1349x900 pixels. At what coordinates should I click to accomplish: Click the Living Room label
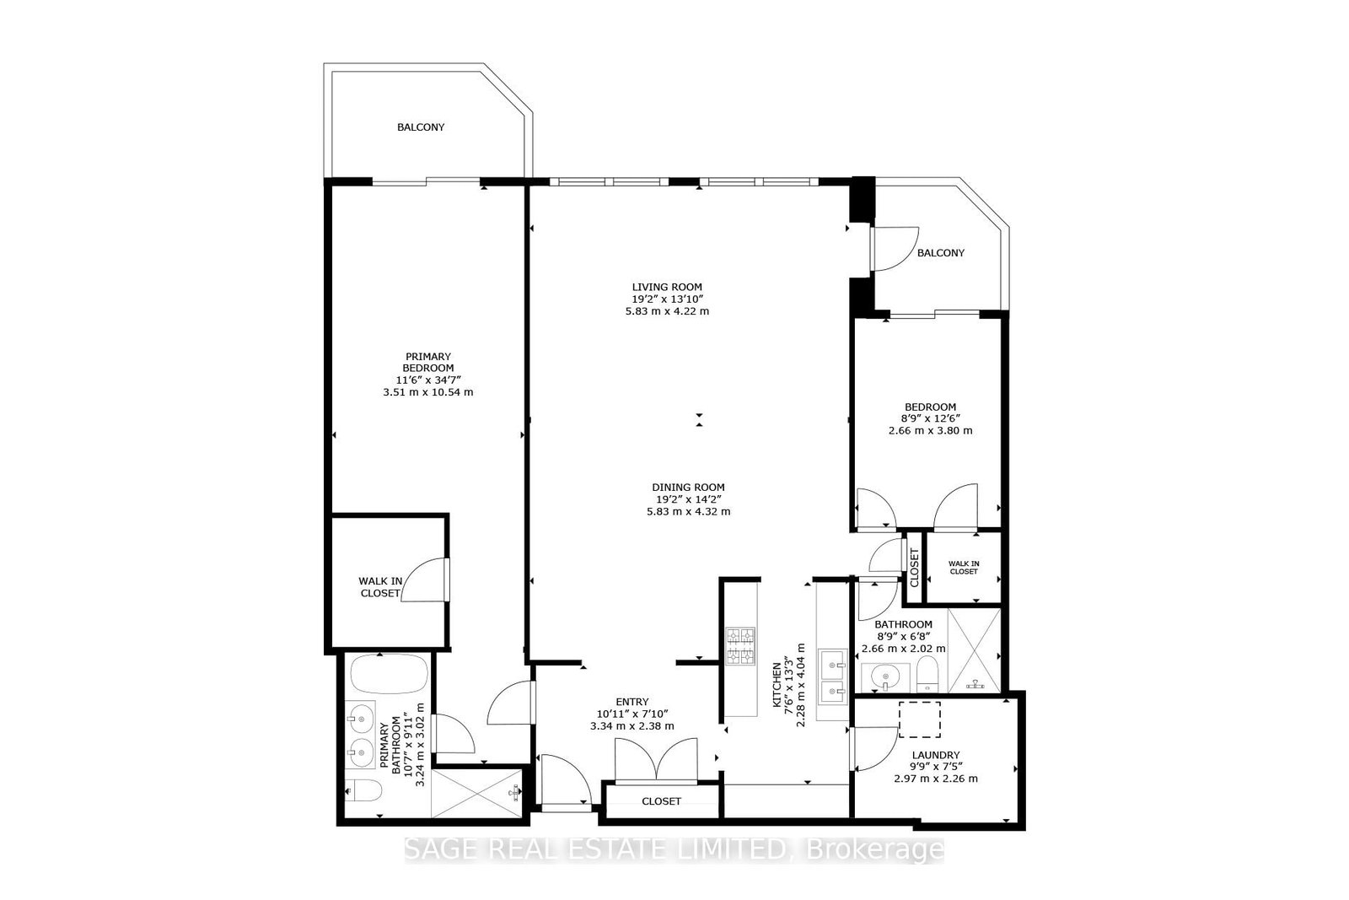click(x=667, y=288)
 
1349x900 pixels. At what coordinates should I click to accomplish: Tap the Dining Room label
click(x=688, y=488)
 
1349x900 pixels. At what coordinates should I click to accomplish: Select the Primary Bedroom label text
click(x=428, y=362)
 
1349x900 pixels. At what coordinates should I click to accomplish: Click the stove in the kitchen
click(x=741, y=646)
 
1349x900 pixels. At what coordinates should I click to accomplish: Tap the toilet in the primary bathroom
click(x=363, y=790)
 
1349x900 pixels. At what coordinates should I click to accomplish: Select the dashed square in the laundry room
click(x=920, y=719)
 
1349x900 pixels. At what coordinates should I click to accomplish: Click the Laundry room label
click(x=936, y=755)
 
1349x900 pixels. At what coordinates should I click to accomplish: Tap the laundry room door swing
click(x=873, y=749)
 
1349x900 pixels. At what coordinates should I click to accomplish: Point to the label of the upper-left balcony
click(x=421, y=127)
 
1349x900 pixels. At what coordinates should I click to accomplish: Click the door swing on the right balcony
click(x=895, y=248)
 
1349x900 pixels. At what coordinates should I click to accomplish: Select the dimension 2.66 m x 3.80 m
click(x=931, y=430)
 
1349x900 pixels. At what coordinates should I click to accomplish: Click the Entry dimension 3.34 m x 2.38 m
click(x=632, y=726)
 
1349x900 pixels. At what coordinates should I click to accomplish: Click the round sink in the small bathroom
click(x=885, y=677)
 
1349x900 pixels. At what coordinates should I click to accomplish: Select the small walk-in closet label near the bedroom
click(x=964, y=568)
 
